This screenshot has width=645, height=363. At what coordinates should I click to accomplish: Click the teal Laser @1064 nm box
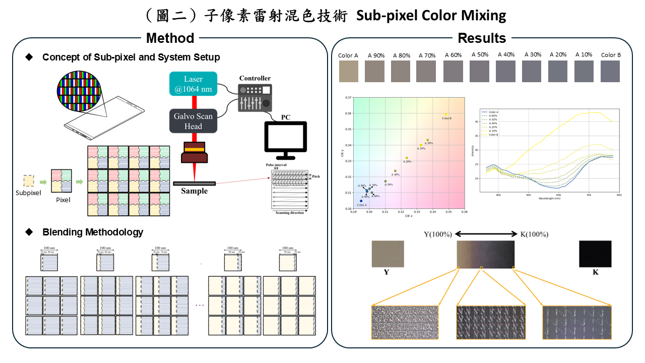pos(193,84)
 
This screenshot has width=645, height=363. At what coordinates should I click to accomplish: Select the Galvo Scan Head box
pos(193,121)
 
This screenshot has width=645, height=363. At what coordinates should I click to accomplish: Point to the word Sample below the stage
pos(195,191)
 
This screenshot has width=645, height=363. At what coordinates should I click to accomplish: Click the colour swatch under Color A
pos(348,71)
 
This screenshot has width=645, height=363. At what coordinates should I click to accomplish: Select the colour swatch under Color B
pos(610,71)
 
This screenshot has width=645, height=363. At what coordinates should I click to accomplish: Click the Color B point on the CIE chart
pos(446,114)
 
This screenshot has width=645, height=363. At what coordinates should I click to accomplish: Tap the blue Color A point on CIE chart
pos(361,201)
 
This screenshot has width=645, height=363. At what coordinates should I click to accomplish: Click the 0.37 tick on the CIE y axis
pos(348,97)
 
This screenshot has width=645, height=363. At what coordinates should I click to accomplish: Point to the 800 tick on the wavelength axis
pos(619,194)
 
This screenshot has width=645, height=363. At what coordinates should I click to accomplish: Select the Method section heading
pos(170,38)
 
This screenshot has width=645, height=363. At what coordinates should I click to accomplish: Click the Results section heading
pos(482,38)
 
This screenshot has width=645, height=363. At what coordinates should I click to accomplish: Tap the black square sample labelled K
pos(595,254)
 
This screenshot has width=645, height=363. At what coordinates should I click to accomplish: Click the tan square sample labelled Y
pos(388,254)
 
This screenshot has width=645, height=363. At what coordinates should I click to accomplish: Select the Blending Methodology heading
pos(93,232)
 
